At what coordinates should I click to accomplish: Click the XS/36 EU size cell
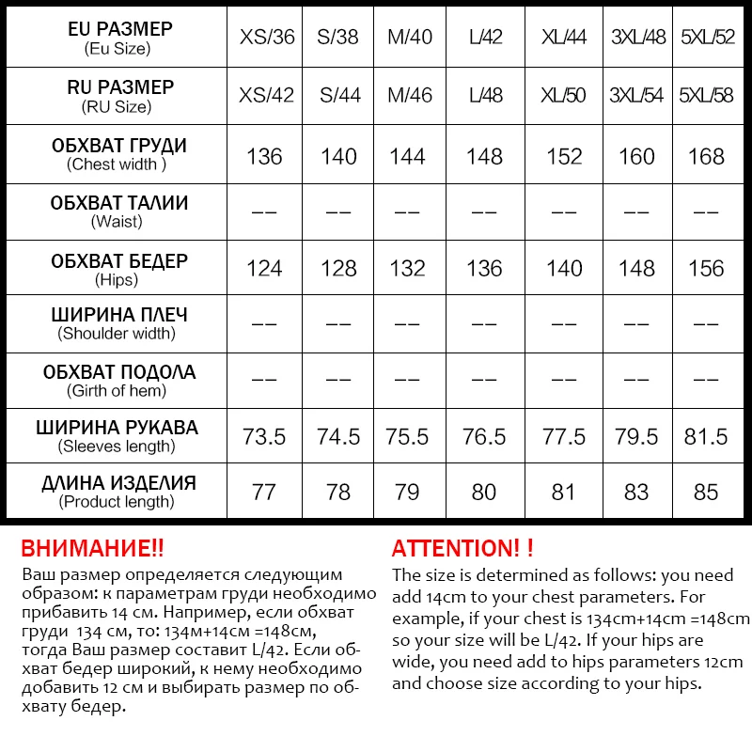267,39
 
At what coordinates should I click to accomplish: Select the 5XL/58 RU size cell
706,96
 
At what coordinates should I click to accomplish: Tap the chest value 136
264,156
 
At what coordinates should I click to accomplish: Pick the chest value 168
706,156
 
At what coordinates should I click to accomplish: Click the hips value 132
407,269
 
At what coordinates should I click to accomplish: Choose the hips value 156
706,269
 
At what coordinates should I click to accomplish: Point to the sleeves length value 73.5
264,437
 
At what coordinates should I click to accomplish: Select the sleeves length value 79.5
636,437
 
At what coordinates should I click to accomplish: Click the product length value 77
264,493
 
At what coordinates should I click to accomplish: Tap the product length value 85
706,493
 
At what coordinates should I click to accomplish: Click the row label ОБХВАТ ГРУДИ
118,146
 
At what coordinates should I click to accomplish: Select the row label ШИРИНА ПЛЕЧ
118,315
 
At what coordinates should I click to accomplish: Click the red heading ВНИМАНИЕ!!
92,549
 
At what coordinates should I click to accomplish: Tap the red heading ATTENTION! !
462,549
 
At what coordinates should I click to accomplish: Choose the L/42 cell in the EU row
484,39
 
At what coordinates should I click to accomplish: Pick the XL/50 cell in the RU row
564,96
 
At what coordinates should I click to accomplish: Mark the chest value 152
564,156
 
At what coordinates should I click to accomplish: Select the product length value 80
484,493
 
